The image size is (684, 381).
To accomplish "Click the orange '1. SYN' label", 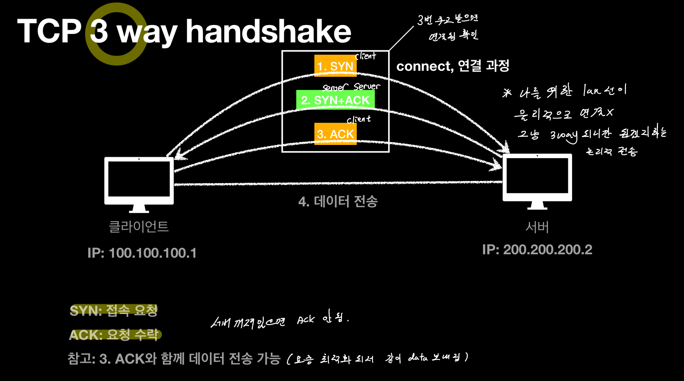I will point(335,66).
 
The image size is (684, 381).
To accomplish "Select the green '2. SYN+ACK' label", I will point(335,100).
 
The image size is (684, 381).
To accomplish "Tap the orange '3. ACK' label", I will point(335,134).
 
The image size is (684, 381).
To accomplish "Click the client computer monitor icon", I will point(139,181).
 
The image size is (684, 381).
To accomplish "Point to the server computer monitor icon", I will point(537,178).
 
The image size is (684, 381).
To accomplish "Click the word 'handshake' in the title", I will point(268,32).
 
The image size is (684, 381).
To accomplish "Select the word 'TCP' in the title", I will point(49,32).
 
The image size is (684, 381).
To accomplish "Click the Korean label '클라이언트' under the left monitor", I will point(139,227).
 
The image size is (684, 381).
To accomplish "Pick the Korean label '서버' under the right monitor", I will point(537,227).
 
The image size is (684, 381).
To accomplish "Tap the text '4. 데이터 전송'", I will point(338,201).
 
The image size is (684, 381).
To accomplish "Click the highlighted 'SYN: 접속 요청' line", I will point(114,311).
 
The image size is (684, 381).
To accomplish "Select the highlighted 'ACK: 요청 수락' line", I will point(114,335).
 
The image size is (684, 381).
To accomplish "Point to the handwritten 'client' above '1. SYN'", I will point(366,56).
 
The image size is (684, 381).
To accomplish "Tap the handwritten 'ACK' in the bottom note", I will point(306,320).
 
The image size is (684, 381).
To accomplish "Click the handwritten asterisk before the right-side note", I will point(507,93).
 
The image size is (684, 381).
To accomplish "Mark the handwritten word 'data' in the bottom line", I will point(418,358).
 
